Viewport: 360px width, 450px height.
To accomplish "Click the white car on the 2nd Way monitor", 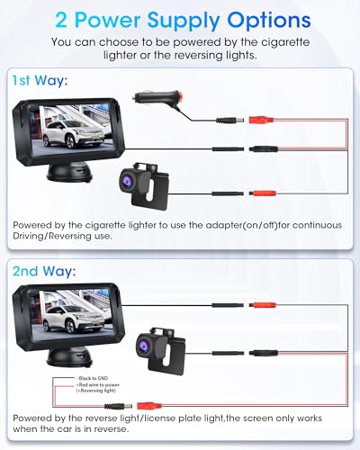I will pos(68,319).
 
